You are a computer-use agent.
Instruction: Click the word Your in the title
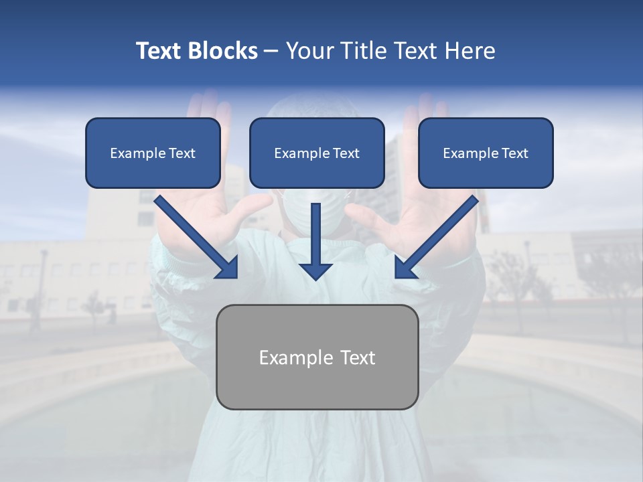[309, 51]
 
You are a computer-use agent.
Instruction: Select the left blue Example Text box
[153, 153]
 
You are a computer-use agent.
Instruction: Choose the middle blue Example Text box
[317, 153]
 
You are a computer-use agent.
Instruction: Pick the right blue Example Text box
[486, 153]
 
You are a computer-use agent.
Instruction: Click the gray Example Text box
[317, 357]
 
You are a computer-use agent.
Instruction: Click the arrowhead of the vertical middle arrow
[316, 270]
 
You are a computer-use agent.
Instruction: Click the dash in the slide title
[271, 52]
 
